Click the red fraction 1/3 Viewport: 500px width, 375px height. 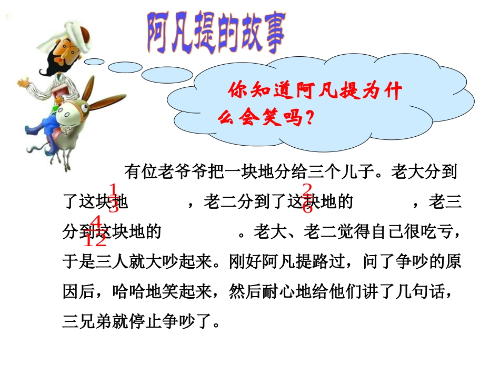113,198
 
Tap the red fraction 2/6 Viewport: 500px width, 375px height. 308,198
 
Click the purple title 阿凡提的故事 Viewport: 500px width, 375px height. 216,33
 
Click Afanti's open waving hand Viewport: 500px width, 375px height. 24,83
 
